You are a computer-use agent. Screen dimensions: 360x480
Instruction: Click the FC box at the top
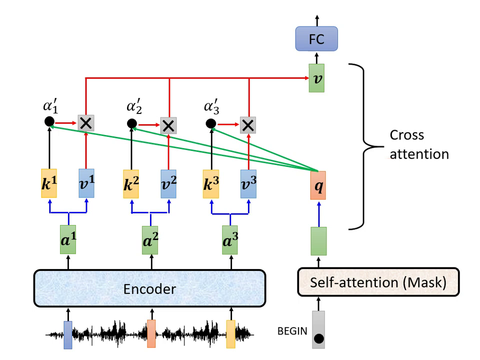[x=316, y=39]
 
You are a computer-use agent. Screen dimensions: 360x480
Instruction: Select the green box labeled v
[x=316, y=77]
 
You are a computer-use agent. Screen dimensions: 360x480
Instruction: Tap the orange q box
[x=318, y=184]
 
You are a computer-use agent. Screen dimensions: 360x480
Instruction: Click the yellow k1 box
[x=49, y=183]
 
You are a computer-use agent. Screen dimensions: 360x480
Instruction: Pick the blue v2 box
[x=169, y=183]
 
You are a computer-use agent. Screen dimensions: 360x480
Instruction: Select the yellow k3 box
[x=210, y=183]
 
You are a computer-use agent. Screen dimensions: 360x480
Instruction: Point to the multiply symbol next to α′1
[x=86, y=122]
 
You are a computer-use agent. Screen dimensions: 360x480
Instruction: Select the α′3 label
[x=213, y=107]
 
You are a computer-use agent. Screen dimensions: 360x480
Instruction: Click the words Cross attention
[x=419, y=144]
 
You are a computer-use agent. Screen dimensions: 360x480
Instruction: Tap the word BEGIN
[x=292, y=330]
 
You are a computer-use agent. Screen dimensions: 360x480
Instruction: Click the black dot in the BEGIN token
[x=318, y=339]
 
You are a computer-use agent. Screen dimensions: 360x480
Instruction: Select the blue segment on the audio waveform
[x=68, y=334]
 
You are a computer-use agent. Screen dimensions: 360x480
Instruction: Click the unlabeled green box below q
[x=318, y=240]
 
